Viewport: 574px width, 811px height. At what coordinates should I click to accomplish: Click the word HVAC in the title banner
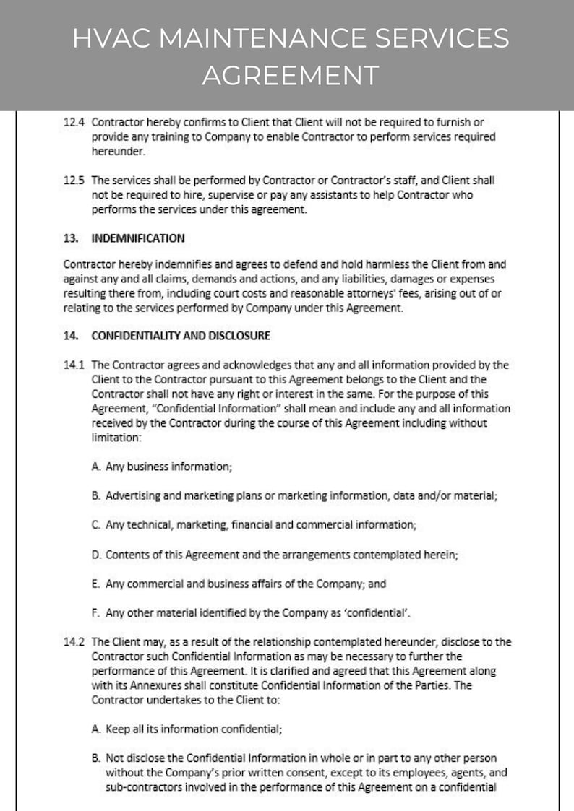click(x=113, y=39)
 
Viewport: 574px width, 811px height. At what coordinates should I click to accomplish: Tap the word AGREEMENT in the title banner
click(x=290, y=74)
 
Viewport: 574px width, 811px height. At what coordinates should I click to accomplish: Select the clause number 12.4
click(x=74, y=123)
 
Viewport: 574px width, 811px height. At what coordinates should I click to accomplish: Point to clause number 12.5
click(x=74, y=180)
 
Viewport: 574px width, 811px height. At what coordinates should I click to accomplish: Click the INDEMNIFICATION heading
click(x=137, y=238)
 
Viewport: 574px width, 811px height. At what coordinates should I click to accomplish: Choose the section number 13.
click(x=71, y=238)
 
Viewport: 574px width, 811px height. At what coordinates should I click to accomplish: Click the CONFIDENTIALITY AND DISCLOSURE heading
click(x=181, y=335)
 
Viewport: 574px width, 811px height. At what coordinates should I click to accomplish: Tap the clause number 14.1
click(x=74, y=365)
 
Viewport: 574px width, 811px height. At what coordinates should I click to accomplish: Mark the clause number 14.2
click(x=74, y=641)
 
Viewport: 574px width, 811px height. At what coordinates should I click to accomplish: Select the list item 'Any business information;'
click(x=168, y=467)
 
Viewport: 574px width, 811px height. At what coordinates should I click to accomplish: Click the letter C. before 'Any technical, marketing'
click(x=96, y=525)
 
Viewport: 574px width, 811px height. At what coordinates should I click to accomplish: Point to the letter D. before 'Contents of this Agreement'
click(x=96, y=555)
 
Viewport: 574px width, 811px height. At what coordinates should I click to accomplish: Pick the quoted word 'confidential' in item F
click(x=378, y=613)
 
